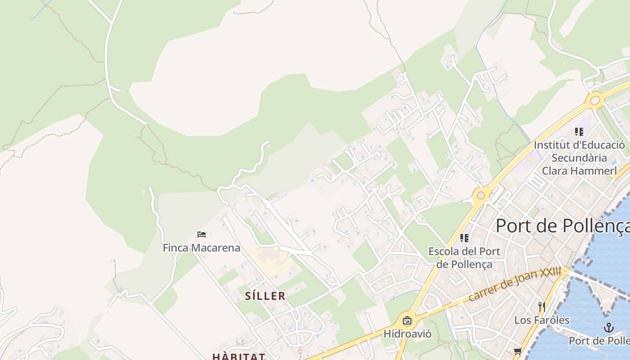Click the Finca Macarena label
click(x=201, y=248)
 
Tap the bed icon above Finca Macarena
click(x=202, y=234)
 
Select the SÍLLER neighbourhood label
click(x=265, y=296)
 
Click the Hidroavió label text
click(x=407, y=334)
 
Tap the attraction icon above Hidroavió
click(x=407, y=321)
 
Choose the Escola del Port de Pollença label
click(x=464, y=257)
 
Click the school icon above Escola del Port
click(x=464, y=238)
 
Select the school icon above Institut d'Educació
click(x=579, y=132)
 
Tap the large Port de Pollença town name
click(x=562, y=226)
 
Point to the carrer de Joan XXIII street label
click(x=515, y=285)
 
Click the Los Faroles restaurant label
click(x=542, y=320)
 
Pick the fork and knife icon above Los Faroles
click(x=542, y=307)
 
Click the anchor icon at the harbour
click(x=608, y=327)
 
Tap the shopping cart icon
click(x=517, y=351)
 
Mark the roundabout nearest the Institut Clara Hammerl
click(x=595, y=100)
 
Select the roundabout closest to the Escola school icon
click(x=481, y=195)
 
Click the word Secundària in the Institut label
click(x=579, y=158)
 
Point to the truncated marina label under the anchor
click(x=599, y=341)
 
